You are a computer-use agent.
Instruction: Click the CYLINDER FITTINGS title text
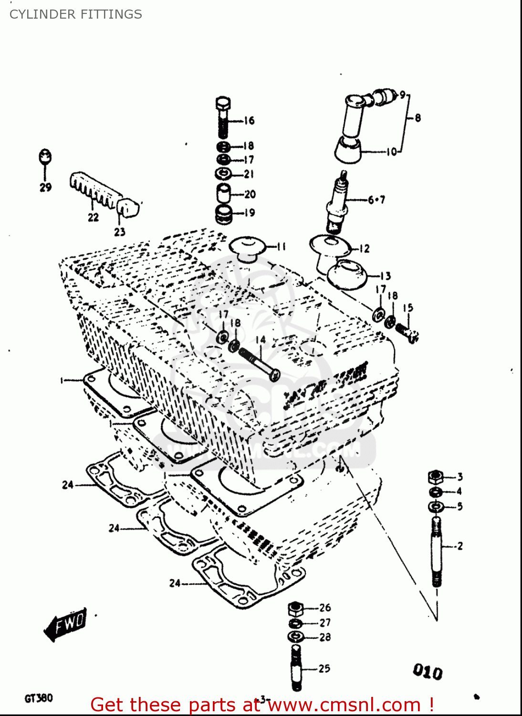(x=75, y=14)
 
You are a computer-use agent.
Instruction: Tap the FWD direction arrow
(x=66, y=624)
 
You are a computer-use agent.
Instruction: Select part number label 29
(x=45, y=187)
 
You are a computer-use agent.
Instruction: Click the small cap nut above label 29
(x=45, y=156)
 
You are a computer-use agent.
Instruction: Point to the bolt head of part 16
(x=223, y=104)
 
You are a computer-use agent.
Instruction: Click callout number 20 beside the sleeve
(x=250, y=194)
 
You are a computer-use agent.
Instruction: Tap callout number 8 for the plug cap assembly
(x=418, y=117)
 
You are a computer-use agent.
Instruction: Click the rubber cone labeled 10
(x=348, y=149)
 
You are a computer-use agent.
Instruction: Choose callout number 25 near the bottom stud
(x=324, y=668)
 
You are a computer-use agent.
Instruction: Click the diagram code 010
(x=428, y=672)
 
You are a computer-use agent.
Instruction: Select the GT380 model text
(x=39, y=698)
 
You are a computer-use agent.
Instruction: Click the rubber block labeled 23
(x=128, y=207)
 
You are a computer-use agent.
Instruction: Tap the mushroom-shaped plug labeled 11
(x=247, y=248)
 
